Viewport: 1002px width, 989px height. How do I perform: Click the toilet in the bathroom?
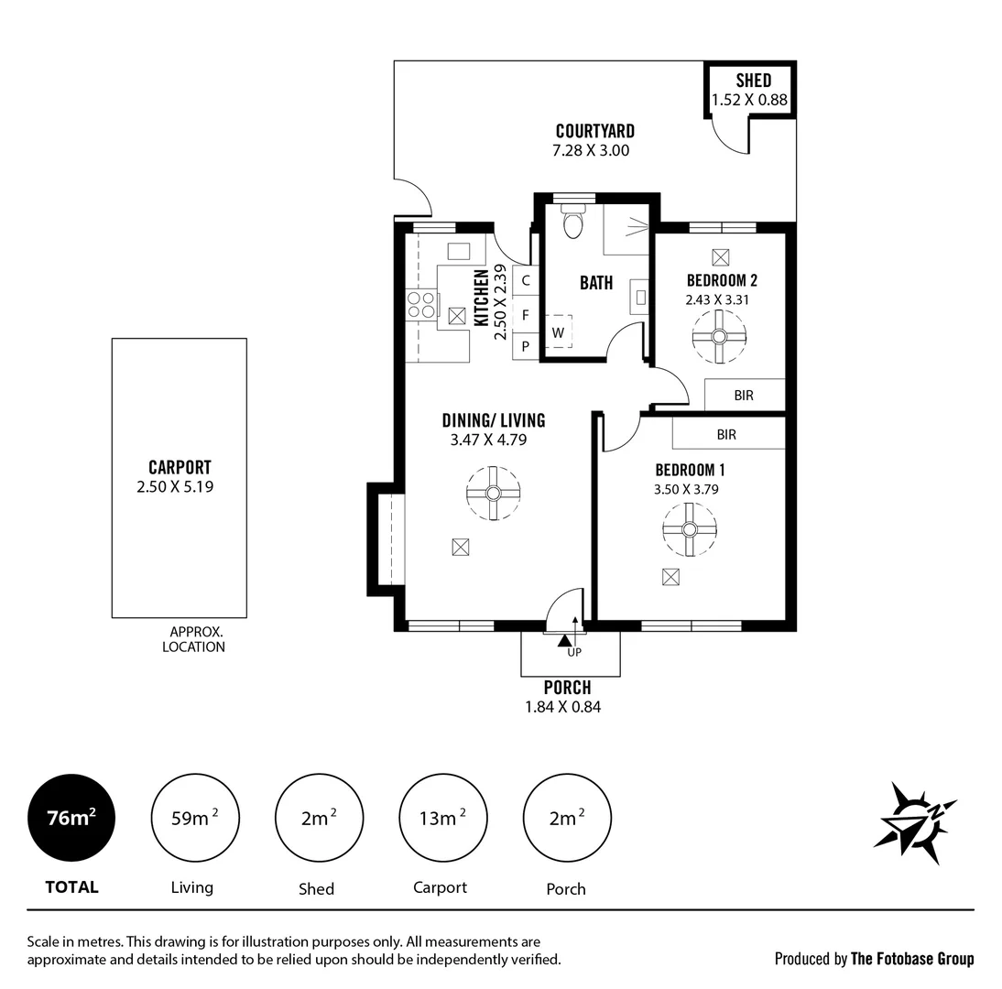pos(573,222)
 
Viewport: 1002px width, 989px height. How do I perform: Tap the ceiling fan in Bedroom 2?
pos(719,336)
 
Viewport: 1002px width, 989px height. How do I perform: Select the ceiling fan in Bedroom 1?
pos(689,529)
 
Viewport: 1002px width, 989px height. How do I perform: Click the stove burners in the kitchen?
pos(420,305)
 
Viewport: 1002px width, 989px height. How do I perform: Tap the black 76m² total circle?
pos(71,818)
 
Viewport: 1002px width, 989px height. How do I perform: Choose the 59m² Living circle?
pos(194,818)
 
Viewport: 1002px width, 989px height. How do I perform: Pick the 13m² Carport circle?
pos(443,818)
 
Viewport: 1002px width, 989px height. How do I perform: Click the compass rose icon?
pos(913,821)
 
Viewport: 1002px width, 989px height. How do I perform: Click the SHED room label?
pos(753,81)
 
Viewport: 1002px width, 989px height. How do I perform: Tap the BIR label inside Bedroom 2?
pos(744,396)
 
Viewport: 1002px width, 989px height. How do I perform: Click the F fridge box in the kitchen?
pos(526,315)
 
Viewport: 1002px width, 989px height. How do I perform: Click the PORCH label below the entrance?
pos(567,688)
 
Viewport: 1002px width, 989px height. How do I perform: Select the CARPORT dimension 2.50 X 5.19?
pos(175,487)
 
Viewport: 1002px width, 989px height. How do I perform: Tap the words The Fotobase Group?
pos(912,959)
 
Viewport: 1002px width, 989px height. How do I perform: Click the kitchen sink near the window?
pos(458,251)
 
